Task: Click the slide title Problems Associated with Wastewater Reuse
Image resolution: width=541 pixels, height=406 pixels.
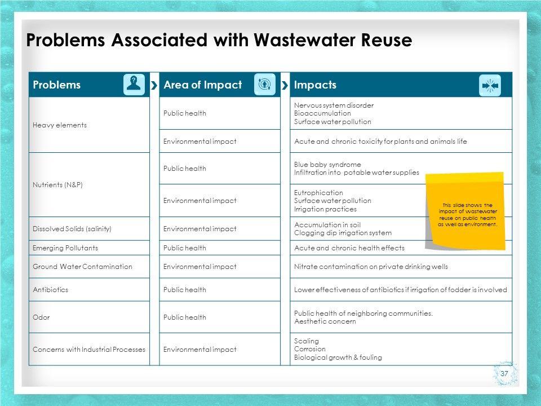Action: (219, 41)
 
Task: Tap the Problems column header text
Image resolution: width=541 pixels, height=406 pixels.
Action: (57, 85)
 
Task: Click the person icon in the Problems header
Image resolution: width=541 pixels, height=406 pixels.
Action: (134, 85)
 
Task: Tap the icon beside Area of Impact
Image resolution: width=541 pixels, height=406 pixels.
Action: (264, 85)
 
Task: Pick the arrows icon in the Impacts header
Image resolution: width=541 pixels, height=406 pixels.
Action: (490, 85)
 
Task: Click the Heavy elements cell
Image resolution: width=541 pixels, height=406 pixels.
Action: (60, 125)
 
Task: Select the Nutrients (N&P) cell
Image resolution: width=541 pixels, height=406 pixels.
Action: (58, 185)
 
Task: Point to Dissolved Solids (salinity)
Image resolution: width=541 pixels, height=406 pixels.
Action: (72, 229)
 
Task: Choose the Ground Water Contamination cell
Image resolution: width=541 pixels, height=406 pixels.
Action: (83, 266)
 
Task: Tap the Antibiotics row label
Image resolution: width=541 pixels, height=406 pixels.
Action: (50, 290)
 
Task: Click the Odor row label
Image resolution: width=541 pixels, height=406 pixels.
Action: (41, 317)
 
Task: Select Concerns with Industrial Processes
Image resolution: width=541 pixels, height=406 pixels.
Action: (89, 350)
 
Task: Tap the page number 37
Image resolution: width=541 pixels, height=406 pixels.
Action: (504, 374)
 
